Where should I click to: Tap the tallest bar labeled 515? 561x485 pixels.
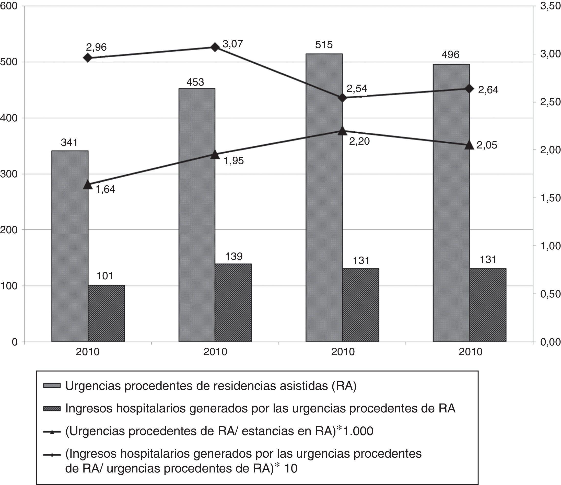tap(324, 198)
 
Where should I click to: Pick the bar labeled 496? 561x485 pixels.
tap(451, 203)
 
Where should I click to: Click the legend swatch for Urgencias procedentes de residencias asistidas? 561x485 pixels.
tap(52, 386)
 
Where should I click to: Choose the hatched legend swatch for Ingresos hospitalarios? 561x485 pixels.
tap(52, 409)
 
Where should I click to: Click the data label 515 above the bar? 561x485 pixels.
tap(324, 45)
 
